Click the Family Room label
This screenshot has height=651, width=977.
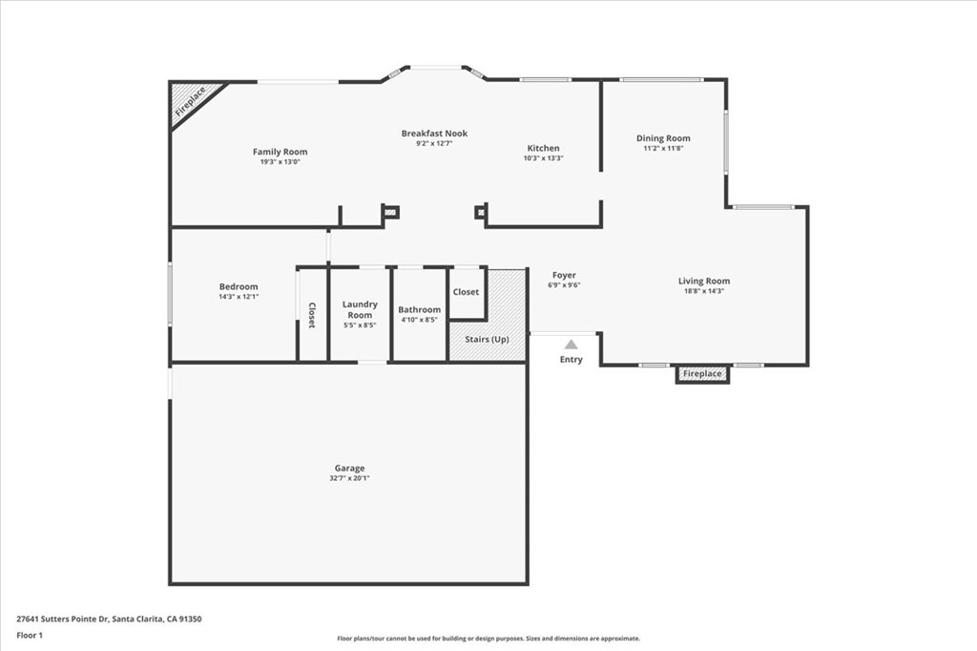pyautogui.click(x=280, y=152)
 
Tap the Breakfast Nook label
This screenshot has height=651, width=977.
pyautogui.click(x=434, y=134)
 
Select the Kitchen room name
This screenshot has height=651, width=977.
pyautogui.click(x=544, y=148)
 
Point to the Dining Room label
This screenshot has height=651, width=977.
pyautogui.click(x=663, y=138)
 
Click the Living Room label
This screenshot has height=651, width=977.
pyautogui.click(x=704, y=281)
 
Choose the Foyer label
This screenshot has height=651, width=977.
pyautogui.click(x=564, y=275)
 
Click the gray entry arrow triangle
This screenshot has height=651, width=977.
pyautogui.click(x=571, y=345)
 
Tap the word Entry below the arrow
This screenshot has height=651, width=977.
pyautogui.click(x=571, y=360)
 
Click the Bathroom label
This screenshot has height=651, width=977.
pyautogui.click(x=420, y=309)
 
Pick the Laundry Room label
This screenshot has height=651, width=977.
pyautogui.click(x=360, y=309)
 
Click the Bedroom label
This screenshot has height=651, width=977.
pyautogui.click(x=239, y=286)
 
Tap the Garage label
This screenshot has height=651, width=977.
pyautogui.click(x=349, y=469)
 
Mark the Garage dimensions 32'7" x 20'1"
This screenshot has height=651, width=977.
pyautogui.click(x=349, y=478)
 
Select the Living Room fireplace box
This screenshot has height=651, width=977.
pyautogui.click(x=702, y=374)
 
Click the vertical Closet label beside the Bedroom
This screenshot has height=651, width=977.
pyautogui.click(x=312, y=316)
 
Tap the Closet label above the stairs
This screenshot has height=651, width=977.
pyautogui.click(x=466, y=292)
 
